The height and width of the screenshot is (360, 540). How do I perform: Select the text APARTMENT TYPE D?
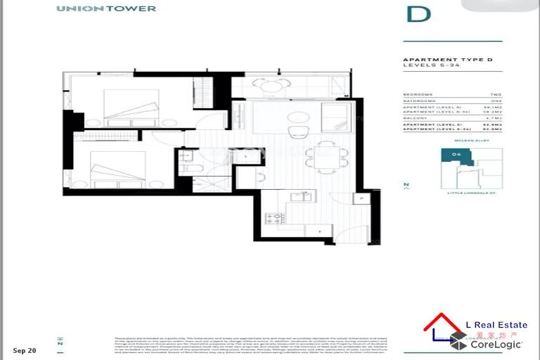click(437, 60)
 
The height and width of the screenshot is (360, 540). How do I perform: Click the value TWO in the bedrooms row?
click(495, 94)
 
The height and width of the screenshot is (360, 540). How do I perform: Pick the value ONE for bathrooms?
click(495, 100)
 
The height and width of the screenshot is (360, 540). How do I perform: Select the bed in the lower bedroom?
click(120, 169)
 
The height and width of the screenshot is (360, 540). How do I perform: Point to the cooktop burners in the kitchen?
click(274, 218)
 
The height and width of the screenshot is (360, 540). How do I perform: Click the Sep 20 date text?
click(25, 349)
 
